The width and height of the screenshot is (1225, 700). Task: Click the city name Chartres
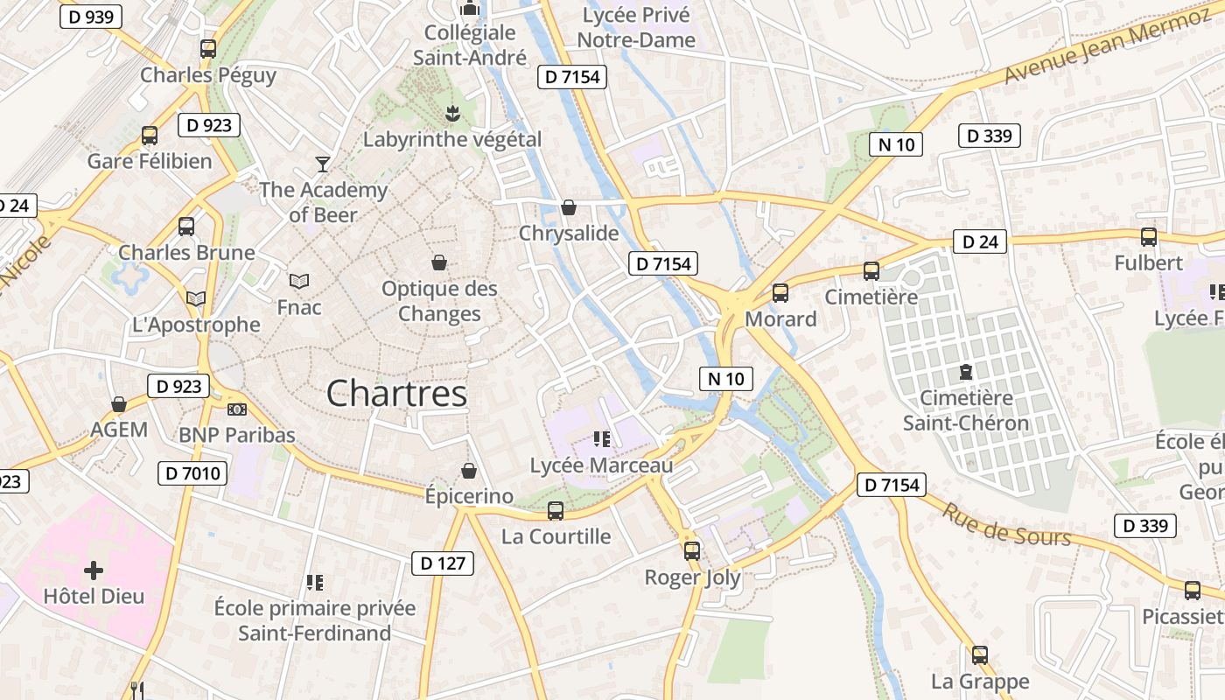[x=397, y=394]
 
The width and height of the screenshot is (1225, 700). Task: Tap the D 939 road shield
[x=91, y=17]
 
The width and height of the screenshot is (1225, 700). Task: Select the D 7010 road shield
[x=192, y=474]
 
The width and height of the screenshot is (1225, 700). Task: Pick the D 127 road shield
[x=443, y=563]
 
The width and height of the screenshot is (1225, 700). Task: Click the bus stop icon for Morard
[x=780, y=293]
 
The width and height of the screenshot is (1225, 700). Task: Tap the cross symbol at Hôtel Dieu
[x=94, y=571]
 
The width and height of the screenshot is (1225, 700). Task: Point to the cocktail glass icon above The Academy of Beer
[x=323, y=164]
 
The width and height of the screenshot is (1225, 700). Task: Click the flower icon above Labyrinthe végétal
[x=452, y=113]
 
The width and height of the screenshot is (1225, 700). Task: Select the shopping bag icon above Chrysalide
[x=569, y=207]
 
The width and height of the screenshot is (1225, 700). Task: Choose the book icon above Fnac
[x=299, y=281]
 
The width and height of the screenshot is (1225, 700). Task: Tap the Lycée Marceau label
[x=602, y=465]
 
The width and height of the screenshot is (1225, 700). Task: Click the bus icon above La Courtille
[x=556, y=511]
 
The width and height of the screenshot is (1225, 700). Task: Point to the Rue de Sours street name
[x=1005, y=524]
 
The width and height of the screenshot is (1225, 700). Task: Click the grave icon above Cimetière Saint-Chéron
[x=966, y=373]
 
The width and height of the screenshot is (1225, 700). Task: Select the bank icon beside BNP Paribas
[x=237, y=409]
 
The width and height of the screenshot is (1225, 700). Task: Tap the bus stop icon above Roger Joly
[x=692, y=551]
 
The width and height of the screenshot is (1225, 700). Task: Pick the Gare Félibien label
[x=150, y=162]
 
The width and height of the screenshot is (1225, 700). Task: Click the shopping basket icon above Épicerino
[x=469, y=471]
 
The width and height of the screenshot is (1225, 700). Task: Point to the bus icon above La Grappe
[x=980, y=655]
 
